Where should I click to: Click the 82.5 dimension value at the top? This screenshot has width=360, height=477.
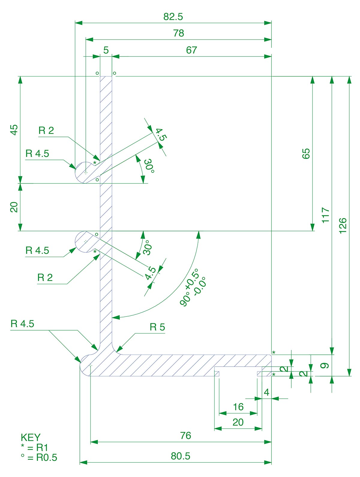pos(173,17)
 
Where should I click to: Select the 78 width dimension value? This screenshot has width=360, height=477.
pos(178,33)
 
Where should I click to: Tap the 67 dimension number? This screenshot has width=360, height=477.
pos(191,50)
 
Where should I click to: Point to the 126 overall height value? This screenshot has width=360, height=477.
pos(343,224)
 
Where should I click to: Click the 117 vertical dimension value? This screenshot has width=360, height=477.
pos(325,215)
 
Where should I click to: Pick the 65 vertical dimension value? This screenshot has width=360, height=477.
pos(306,154)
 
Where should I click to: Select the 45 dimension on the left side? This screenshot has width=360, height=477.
pos(14,130)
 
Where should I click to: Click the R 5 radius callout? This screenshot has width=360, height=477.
pos(157,327)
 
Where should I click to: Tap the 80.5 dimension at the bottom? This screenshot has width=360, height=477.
pos(181,456)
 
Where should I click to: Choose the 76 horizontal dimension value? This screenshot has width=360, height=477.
pos(186,436)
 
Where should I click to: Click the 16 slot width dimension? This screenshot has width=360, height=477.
pos(238,407)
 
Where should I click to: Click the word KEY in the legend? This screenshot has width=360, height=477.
pos(31,437)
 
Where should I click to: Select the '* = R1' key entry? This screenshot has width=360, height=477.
pos(34,448)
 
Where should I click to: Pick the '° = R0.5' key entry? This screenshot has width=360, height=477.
pos(39,457)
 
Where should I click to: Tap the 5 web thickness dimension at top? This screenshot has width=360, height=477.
pos(106,50)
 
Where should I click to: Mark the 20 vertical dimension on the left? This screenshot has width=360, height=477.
pos(14,207)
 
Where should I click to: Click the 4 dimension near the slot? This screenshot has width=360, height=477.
pos(266,392)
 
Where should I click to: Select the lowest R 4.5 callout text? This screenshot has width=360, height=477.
pos(22,324)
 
